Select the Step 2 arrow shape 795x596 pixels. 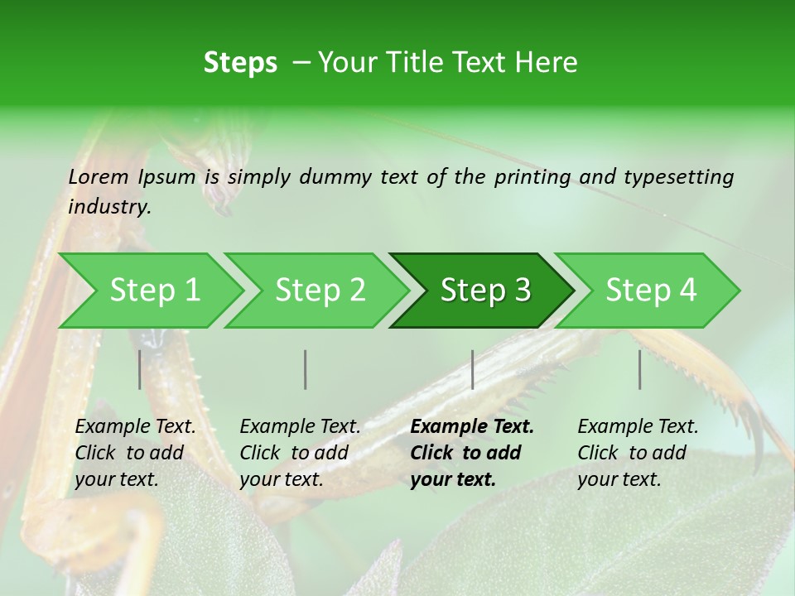(x=320, y=291)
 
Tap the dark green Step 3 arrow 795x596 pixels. (x=484, y=291)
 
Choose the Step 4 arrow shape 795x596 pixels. (x=650, y=291)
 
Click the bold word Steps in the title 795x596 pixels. (x=240, y=62)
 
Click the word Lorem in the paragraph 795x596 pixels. (x=99, y=176)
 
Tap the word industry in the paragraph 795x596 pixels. (x=108, y=206)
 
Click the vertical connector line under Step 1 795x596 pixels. (x=140, y=369)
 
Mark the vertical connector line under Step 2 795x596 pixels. (x=306, y=369)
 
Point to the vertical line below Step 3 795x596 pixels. (x=472, y=369)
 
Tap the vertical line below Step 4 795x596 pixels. (x=639, y=369)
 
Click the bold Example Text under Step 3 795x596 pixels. (x=472, y=427)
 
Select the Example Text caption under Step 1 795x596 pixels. (x=136, y=427)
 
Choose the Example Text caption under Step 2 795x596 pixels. (x=301, y=427)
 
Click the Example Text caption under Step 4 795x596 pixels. (x=638, y=427)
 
